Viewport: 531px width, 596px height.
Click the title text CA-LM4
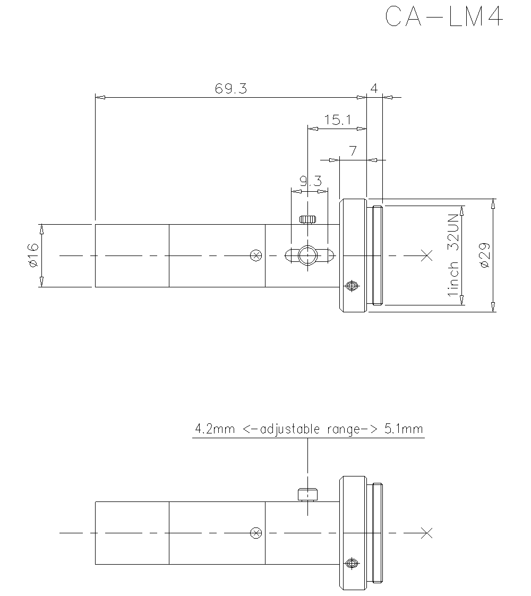click(x=443, y=17)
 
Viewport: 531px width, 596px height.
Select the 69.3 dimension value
click(x=231, y=89)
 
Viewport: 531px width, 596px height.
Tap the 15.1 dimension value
click(x=338, y=120)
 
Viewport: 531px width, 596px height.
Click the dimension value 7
click(x=353, y=151)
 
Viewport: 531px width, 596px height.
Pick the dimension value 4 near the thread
click(x=374, y=89)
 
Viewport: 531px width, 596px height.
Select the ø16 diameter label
click(x=32, y=256)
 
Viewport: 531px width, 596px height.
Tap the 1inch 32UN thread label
click(x=453, y=256)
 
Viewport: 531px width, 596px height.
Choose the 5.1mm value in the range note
click(x=404, y=429)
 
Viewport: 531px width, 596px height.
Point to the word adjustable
click(x=287, y=429)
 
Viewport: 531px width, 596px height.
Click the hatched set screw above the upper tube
click(x=307, y=219)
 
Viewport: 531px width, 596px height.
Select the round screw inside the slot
click(x=307, y=256)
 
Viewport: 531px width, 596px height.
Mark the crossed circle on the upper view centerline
click(x=256, y=256)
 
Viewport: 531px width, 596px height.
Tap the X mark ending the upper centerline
click(x=426, y=256)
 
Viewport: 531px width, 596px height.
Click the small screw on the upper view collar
click(x=350, y=286)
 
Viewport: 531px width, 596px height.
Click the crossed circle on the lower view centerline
click(x=256, y=533)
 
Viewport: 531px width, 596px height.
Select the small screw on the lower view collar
click(x=350, y=563)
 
